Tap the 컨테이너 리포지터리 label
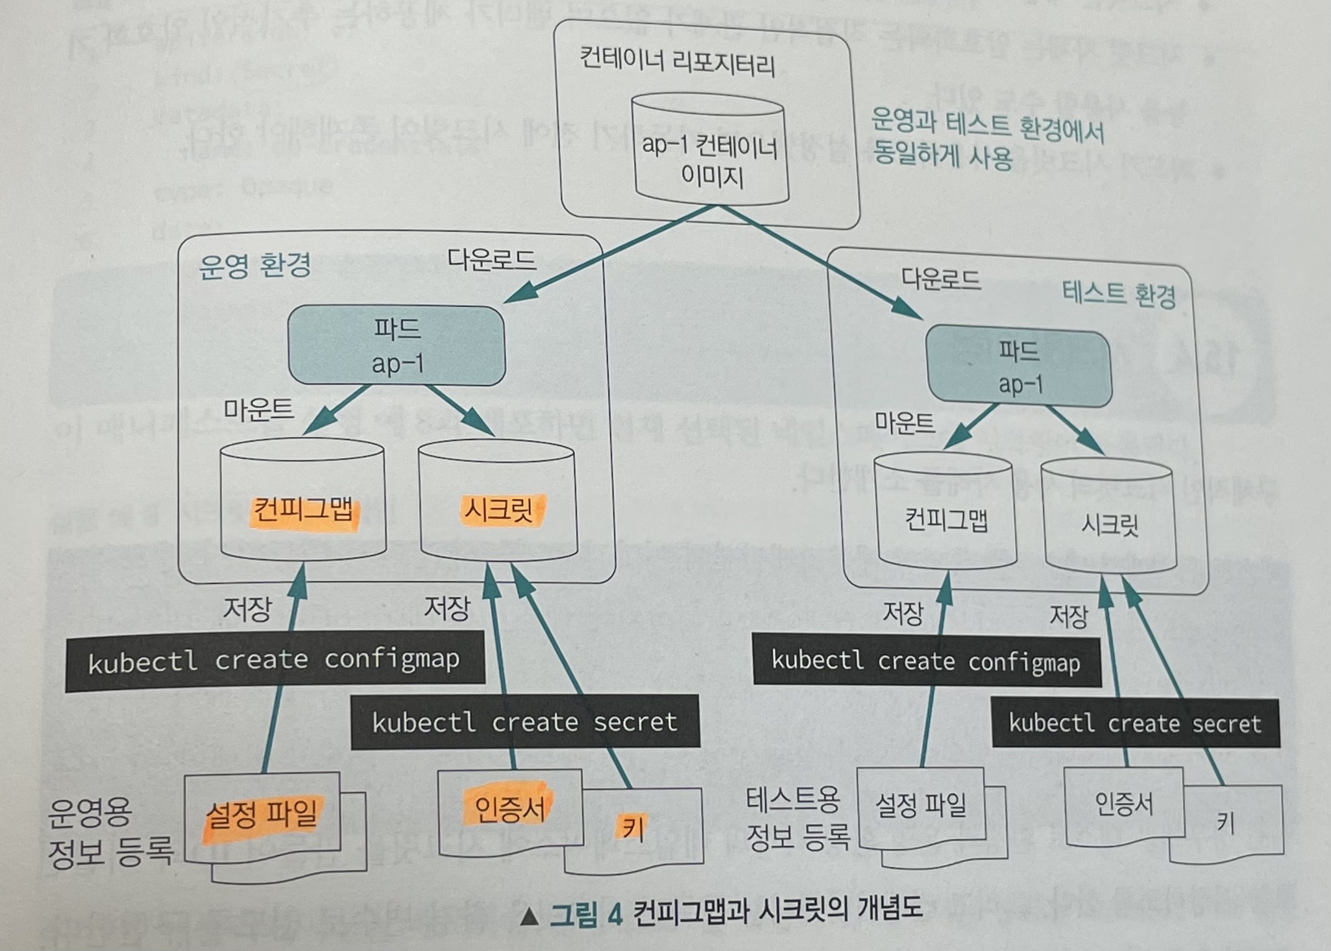[x=677, y=64]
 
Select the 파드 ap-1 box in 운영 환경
[x=397, y=346]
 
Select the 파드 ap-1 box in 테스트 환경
[x=1020, y=367]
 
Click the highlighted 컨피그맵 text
[x=304, y=511]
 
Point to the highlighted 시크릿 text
[x=498, y=510]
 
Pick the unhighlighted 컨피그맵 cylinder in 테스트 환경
[x=946, y=513]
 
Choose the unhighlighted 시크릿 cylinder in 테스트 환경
[x=1110, y=519]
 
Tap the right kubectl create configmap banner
[x=926, y=661]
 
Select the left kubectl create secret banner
[x=524, y=723]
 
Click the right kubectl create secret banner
[x=1135, y=723]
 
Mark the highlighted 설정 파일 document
[x=262, y=815]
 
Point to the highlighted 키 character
[x=632, y=827]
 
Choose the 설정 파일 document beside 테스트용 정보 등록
[x=921, y=806]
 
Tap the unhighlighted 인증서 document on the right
[x=1124, y=805]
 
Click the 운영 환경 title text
[x=254, y=265]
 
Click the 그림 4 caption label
[x=586, y=915]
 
